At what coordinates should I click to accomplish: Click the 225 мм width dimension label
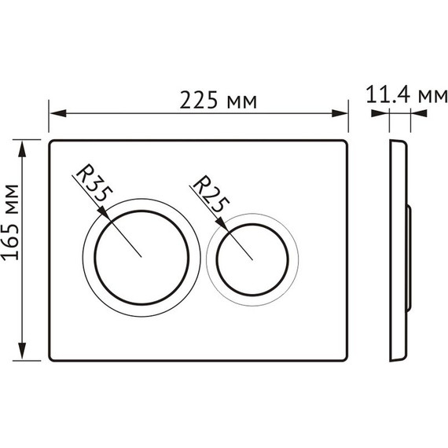(218, 101)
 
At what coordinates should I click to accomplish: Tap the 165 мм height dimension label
(10, 223)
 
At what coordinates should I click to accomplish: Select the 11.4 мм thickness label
(406, 94)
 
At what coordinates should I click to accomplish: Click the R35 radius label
(94, 183)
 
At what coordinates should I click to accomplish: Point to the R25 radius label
(211, 193)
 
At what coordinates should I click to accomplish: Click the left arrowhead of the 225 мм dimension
(58, 113)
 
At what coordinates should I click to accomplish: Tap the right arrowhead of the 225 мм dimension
(340, 113)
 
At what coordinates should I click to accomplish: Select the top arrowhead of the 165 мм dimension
(22, 149)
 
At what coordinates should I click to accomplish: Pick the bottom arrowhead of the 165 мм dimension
(22, 351)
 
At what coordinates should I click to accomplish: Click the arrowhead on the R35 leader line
(104, 214)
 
